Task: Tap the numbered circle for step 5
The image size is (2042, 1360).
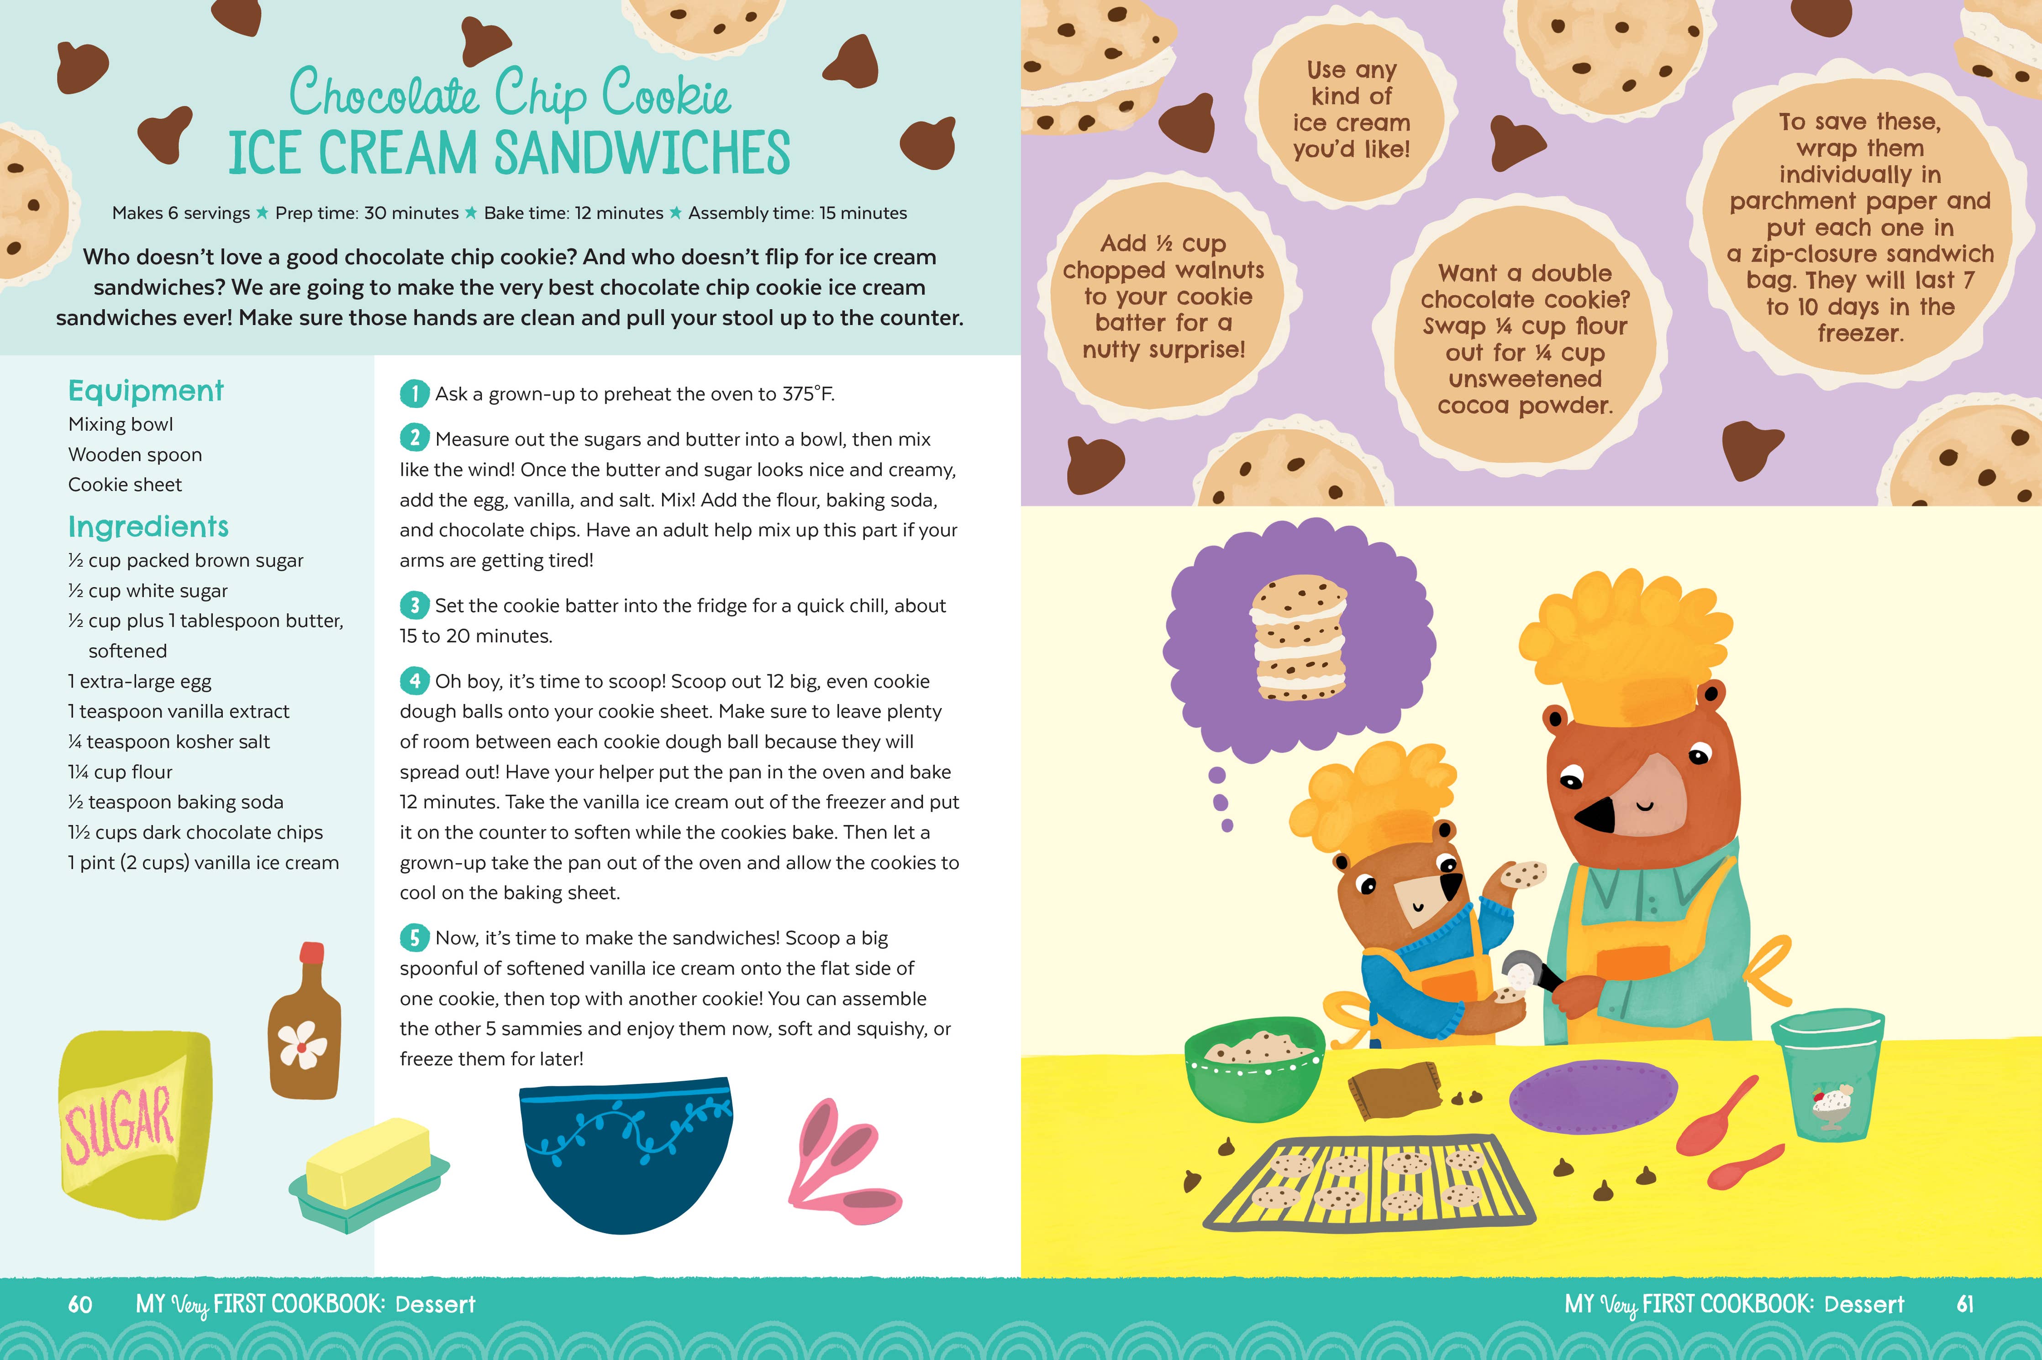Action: [x=414, y=938]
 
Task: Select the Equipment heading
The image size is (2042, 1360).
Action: [x=146, y=391]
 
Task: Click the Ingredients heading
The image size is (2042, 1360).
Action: [x=148, y=526]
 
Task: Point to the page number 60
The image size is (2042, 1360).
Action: [x=80, y=1304]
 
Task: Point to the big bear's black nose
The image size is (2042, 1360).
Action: [x=1593, y=815]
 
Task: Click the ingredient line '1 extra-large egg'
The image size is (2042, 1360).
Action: [x=140, y=682]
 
